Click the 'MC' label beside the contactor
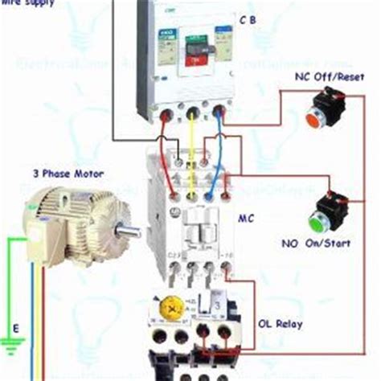click(247, 217)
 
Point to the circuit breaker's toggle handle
click(195, 55)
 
